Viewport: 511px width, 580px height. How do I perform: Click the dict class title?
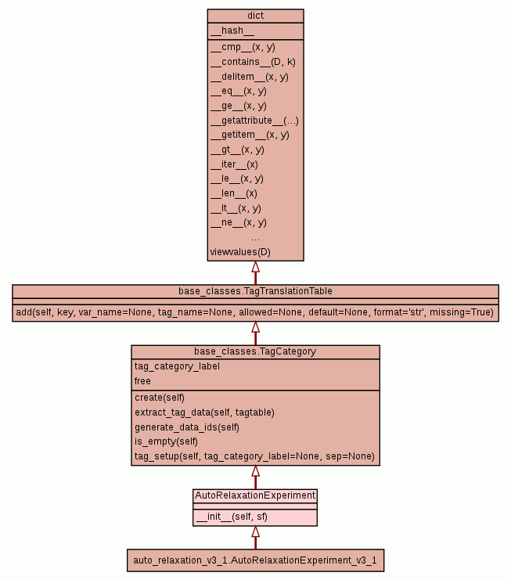255,16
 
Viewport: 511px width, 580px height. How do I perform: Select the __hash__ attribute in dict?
232,31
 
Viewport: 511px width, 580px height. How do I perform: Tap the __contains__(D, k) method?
253,62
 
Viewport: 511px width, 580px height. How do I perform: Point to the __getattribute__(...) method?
254,121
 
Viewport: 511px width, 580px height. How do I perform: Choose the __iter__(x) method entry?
234,164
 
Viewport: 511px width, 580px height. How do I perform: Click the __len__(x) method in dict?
233,193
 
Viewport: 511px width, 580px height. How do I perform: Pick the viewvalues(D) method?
240,252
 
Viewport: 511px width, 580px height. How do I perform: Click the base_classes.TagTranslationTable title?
255,291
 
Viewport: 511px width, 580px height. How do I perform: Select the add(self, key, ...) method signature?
255,312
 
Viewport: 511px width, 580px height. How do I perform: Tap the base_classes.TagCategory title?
255,351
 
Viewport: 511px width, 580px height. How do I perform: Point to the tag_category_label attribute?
177,366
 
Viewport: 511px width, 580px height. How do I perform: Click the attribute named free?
142,381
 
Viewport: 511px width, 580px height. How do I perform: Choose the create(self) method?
160,398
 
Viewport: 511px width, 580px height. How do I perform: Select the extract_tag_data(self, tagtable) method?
204,412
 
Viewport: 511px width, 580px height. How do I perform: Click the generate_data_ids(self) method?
187,427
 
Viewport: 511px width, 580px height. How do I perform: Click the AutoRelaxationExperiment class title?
255,495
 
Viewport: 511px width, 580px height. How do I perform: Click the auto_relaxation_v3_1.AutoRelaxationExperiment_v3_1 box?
255,560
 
